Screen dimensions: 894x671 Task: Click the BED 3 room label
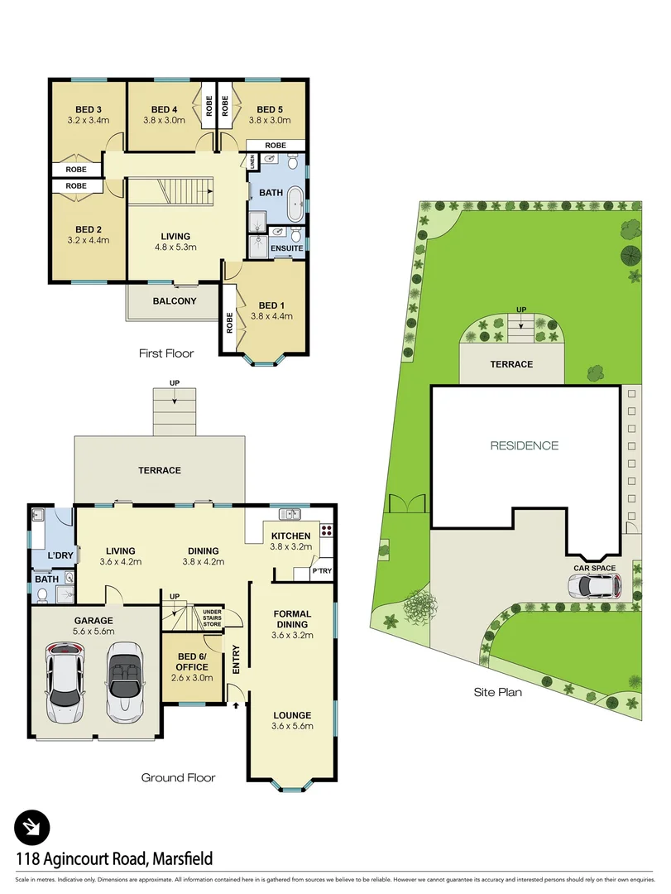88,109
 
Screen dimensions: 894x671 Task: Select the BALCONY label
175,301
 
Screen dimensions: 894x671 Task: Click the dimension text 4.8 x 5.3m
175,247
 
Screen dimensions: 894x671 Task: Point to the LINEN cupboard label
252,162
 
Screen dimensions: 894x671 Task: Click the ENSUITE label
287,248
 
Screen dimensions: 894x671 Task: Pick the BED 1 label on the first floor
271,305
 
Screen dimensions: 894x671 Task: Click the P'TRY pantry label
321,572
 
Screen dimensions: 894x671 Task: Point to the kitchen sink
290,514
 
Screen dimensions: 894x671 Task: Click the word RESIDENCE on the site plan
525,445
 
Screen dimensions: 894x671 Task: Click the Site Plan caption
497,693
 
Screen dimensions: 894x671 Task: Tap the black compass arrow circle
32,826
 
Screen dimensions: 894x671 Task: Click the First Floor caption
166,353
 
